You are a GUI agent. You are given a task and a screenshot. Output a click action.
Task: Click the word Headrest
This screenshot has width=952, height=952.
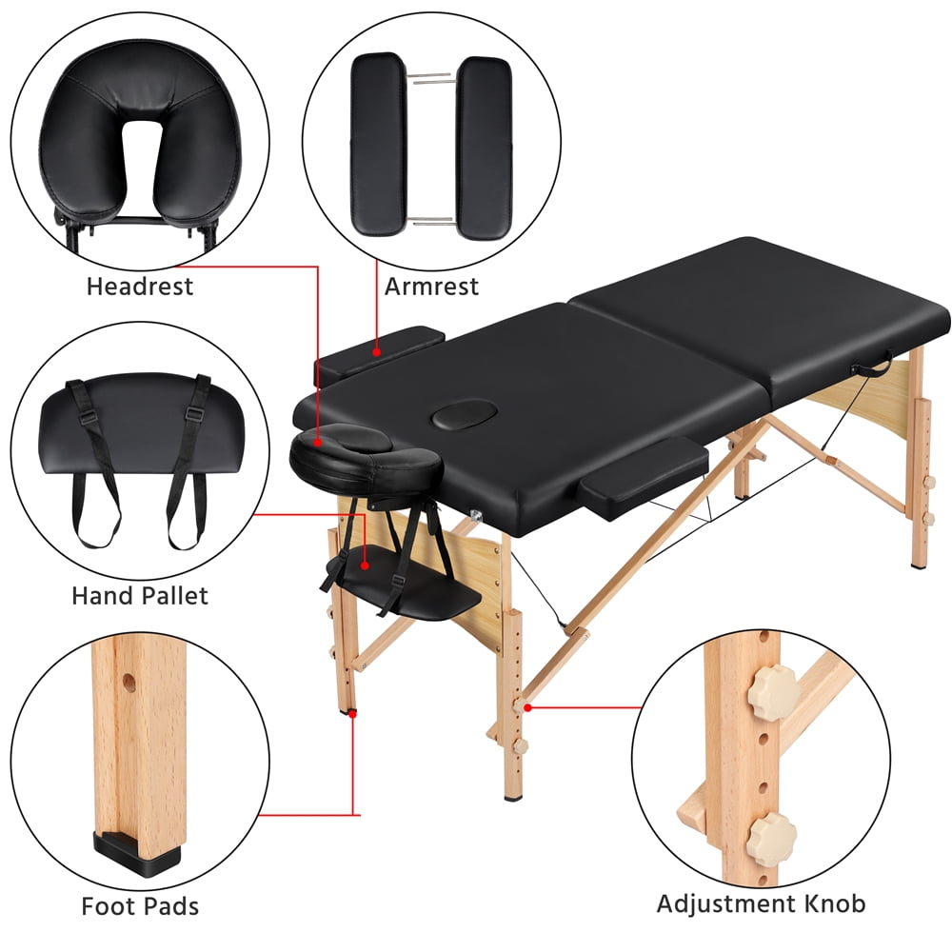(140, 286)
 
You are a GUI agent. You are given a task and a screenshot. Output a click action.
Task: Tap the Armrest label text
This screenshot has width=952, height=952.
(431, 286)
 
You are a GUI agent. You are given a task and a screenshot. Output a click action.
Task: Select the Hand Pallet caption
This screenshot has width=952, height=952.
(139, 597)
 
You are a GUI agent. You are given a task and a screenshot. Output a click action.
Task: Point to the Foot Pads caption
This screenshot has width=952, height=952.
(140, 906)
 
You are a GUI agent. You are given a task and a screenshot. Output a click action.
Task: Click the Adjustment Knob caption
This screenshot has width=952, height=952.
(762, 902)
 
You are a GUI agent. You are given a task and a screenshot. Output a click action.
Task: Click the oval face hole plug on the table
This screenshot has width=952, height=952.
(458, 416)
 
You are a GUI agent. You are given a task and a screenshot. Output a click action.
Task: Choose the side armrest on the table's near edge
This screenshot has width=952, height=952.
(644, 479)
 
